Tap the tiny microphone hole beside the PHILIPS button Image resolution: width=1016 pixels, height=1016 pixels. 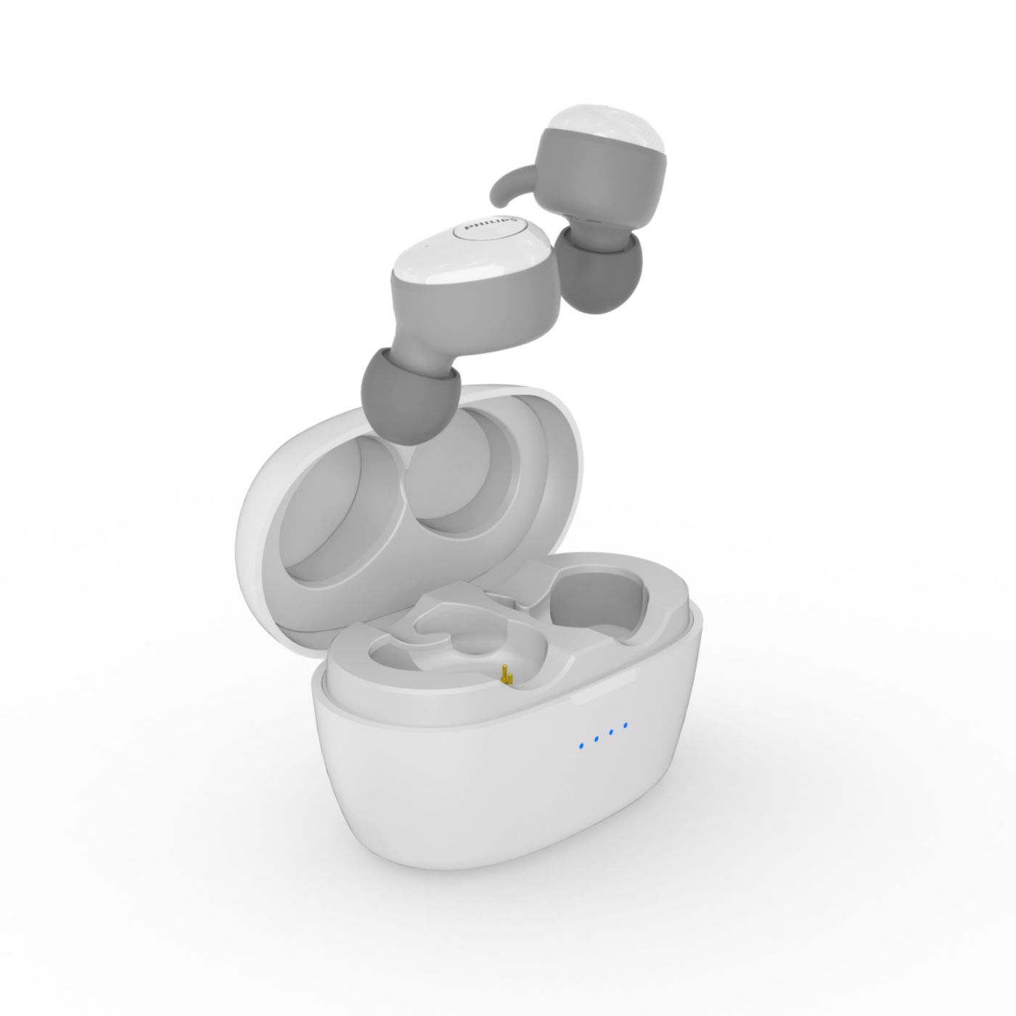click(426, 246)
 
